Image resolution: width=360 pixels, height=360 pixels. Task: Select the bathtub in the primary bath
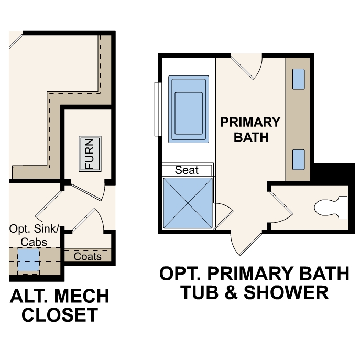click(x=188, y=108)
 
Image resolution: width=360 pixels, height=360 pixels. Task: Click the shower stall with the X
click(x=188, y=203)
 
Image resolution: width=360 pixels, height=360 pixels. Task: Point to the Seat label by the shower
click(x=187, y=170)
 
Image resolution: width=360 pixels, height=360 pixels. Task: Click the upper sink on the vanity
click(x=298, y=79)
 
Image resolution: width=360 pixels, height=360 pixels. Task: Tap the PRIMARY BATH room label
click(x=250, y=129)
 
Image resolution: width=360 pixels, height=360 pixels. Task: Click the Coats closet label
click(x=87, y=256)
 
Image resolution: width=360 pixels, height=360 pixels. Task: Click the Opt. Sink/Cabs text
click(x=35, y=235)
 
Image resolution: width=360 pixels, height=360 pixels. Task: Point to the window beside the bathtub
click(x=156, y=108)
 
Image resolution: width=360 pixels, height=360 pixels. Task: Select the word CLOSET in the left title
click(x=54, y=315)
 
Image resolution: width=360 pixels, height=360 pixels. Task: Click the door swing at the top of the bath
click(x=245, y=67)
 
